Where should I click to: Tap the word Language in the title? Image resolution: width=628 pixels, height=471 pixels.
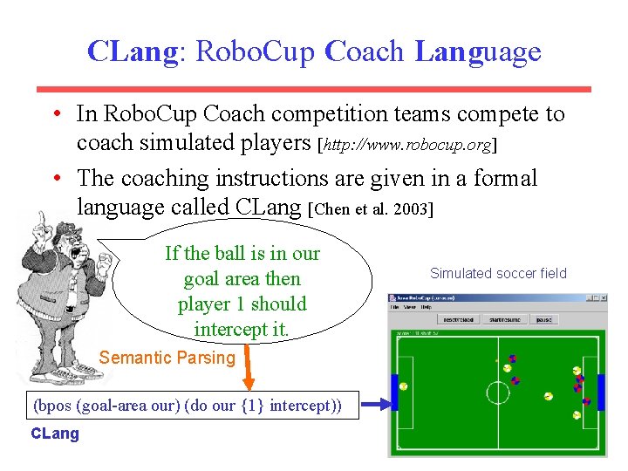(478, 51)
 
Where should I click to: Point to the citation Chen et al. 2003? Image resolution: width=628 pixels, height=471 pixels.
(372, 208)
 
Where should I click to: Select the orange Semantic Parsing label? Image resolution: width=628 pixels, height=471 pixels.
(167, 358)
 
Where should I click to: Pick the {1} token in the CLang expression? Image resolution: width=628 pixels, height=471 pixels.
(254, 406)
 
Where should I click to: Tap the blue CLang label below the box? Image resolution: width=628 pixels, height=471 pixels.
(54, 433)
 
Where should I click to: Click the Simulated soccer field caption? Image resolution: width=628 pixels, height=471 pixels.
(498, 273)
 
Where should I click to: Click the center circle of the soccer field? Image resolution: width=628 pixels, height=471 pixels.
(497, 392)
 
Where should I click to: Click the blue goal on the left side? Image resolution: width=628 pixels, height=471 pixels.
(395, 392)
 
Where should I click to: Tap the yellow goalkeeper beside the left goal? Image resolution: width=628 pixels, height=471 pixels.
(405, 386)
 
